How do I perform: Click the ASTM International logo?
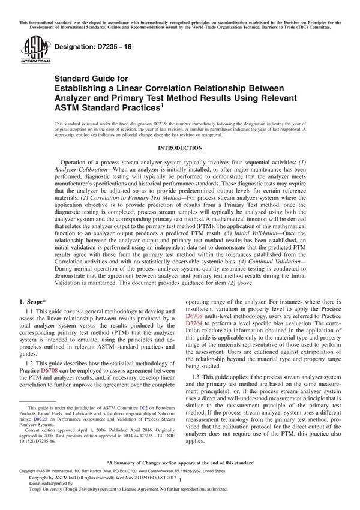(x=31, y=50)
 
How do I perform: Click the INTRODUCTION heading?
(x=179, y=148)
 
